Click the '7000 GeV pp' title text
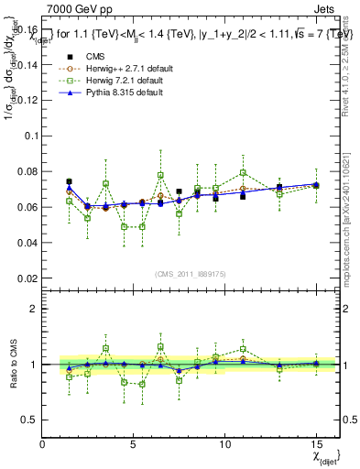click(75, 9)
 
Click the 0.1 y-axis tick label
click(30, 136)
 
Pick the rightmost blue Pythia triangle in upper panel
click(316, 184)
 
